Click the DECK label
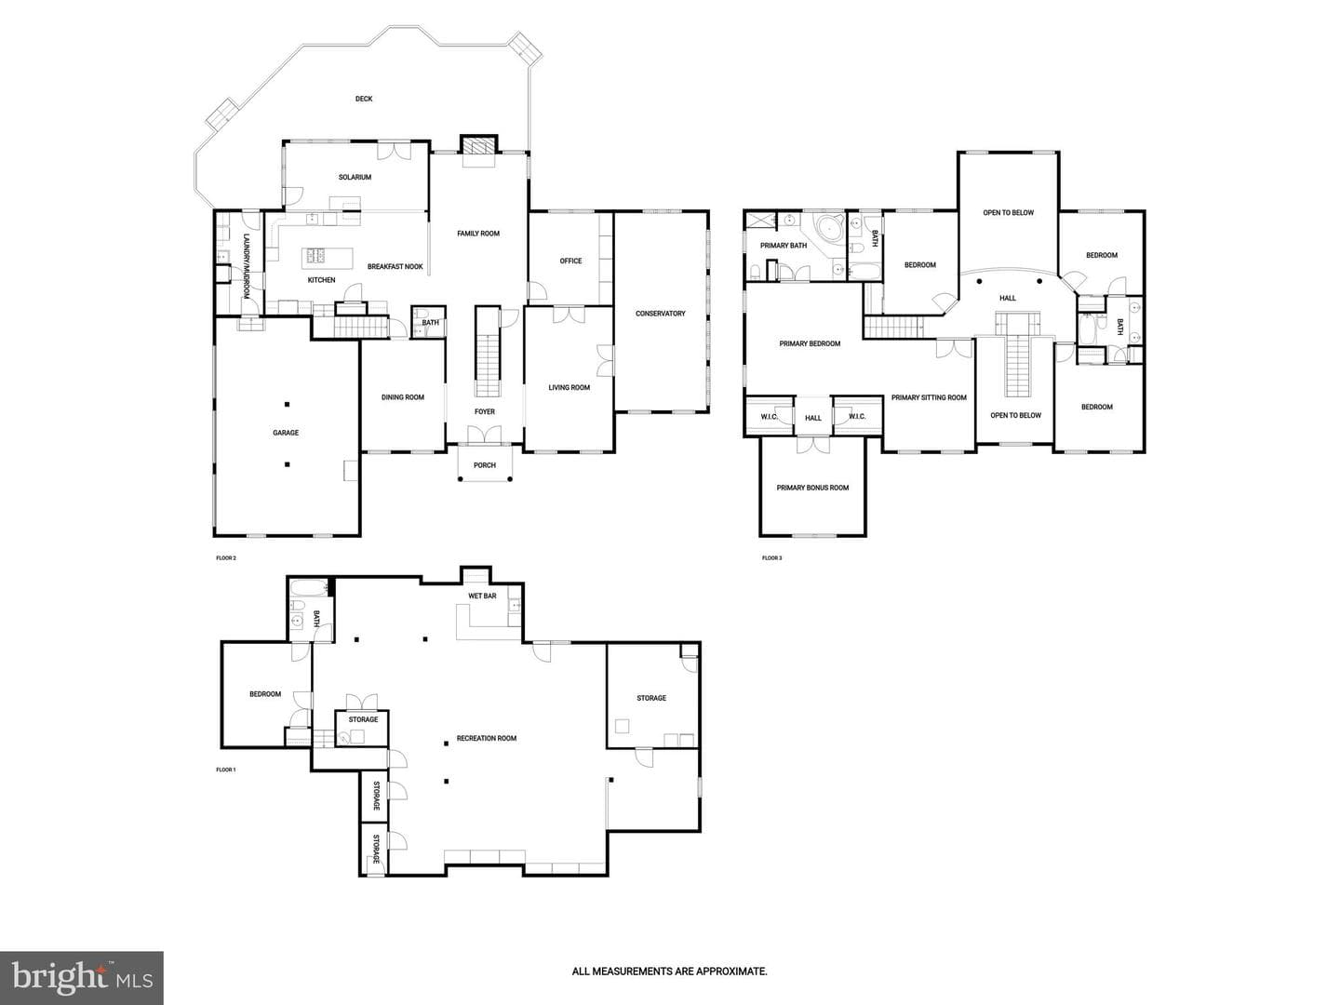pos(364,99)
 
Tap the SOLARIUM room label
pos(355,178)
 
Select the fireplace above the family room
pos(478,145)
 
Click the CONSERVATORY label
pos(660,314)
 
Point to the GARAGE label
pos(286,433)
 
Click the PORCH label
pos(485,465)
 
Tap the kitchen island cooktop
pos(315,255)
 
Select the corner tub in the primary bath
pos(828,228)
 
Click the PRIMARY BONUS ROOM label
pos(812,488)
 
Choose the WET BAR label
pos(482,596)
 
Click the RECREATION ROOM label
pos(487,738)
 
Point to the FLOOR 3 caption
pos(771,557)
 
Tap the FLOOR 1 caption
pos(226,770)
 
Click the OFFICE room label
pos(570,261)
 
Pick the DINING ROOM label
pos(402,397)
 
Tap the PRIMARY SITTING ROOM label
pos(929,398)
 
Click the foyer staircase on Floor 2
pos(488,352)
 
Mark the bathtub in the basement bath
pos(309,588)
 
